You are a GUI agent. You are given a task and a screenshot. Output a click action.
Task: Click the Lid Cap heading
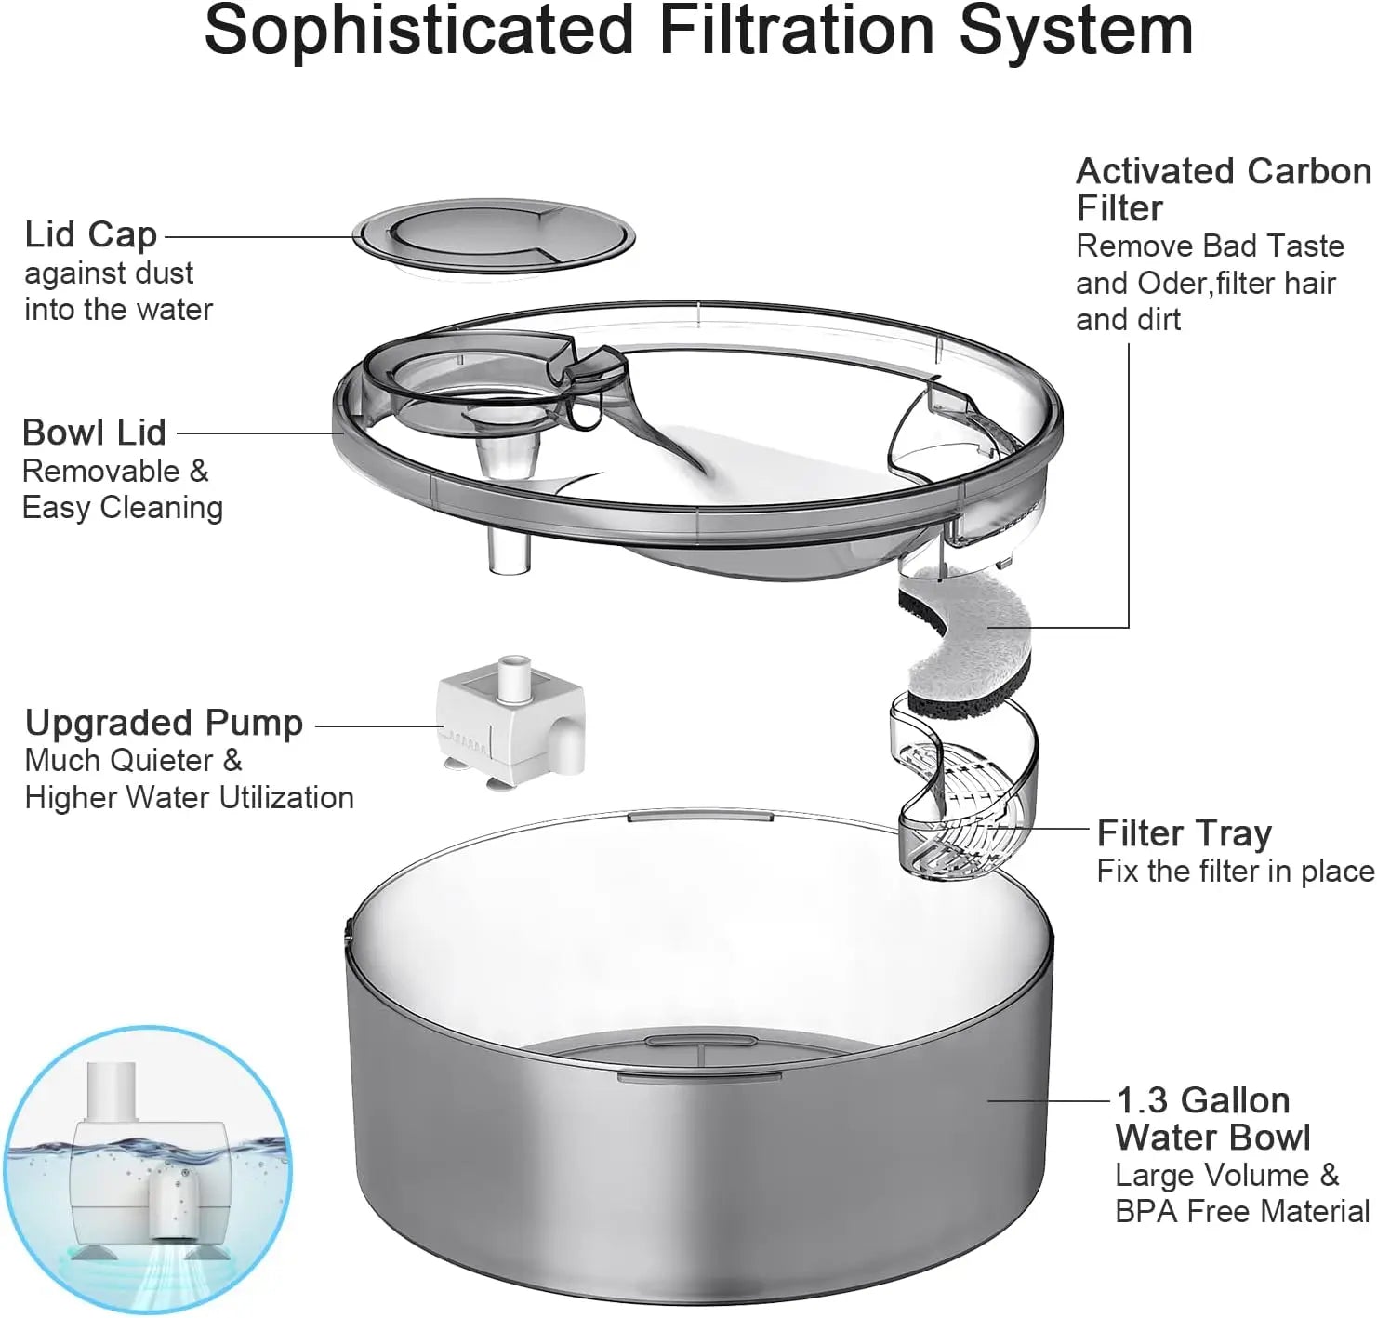coord(90,235)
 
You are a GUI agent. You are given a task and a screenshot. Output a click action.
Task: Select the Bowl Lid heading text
coord(94,433)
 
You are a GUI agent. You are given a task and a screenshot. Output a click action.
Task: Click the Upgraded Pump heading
coord(164,724)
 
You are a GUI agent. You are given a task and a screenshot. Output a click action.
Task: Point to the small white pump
coord(510,726)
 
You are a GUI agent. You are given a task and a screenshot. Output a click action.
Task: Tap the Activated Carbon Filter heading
coord(1222,190)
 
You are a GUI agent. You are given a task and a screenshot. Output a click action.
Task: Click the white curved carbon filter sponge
coord(967,642)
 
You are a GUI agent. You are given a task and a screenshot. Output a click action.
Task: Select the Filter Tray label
coord(1184,833)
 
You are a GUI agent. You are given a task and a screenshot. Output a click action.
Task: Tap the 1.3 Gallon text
coord(1202,1101)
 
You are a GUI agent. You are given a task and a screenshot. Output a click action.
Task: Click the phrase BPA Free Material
coord(1242,1212)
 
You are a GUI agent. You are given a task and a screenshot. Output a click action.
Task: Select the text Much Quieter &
coord(133,761)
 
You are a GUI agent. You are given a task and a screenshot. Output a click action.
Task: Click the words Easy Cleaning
coord(122,509)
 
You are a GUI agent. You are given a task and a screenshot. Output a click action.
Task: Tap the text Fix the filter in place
coord(1235,872)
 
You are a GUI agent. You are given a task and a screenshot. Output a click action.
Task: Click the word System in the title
coord(1076,30)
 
